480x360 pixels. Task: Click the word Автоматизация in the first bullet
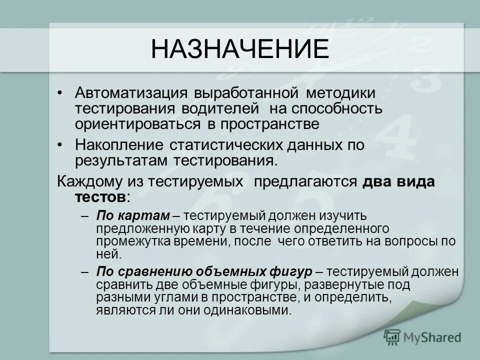127,93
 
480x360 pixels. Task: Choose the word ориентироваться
132,122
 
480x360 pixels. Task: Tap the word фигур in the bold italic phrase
295,272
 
